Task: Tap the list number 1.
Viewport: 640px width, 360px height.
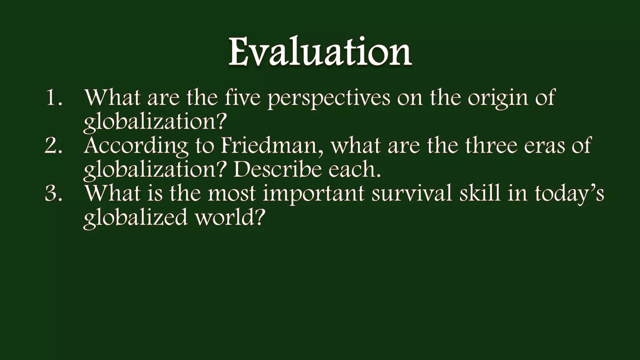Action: coord(54,97)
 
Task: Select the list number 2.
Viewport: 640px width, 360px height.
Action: coord(54,146)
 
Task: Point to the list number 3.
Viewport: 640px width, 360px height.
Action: coord(54,193)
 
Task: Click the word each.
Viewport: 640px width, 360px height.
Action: coord(354,170)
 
